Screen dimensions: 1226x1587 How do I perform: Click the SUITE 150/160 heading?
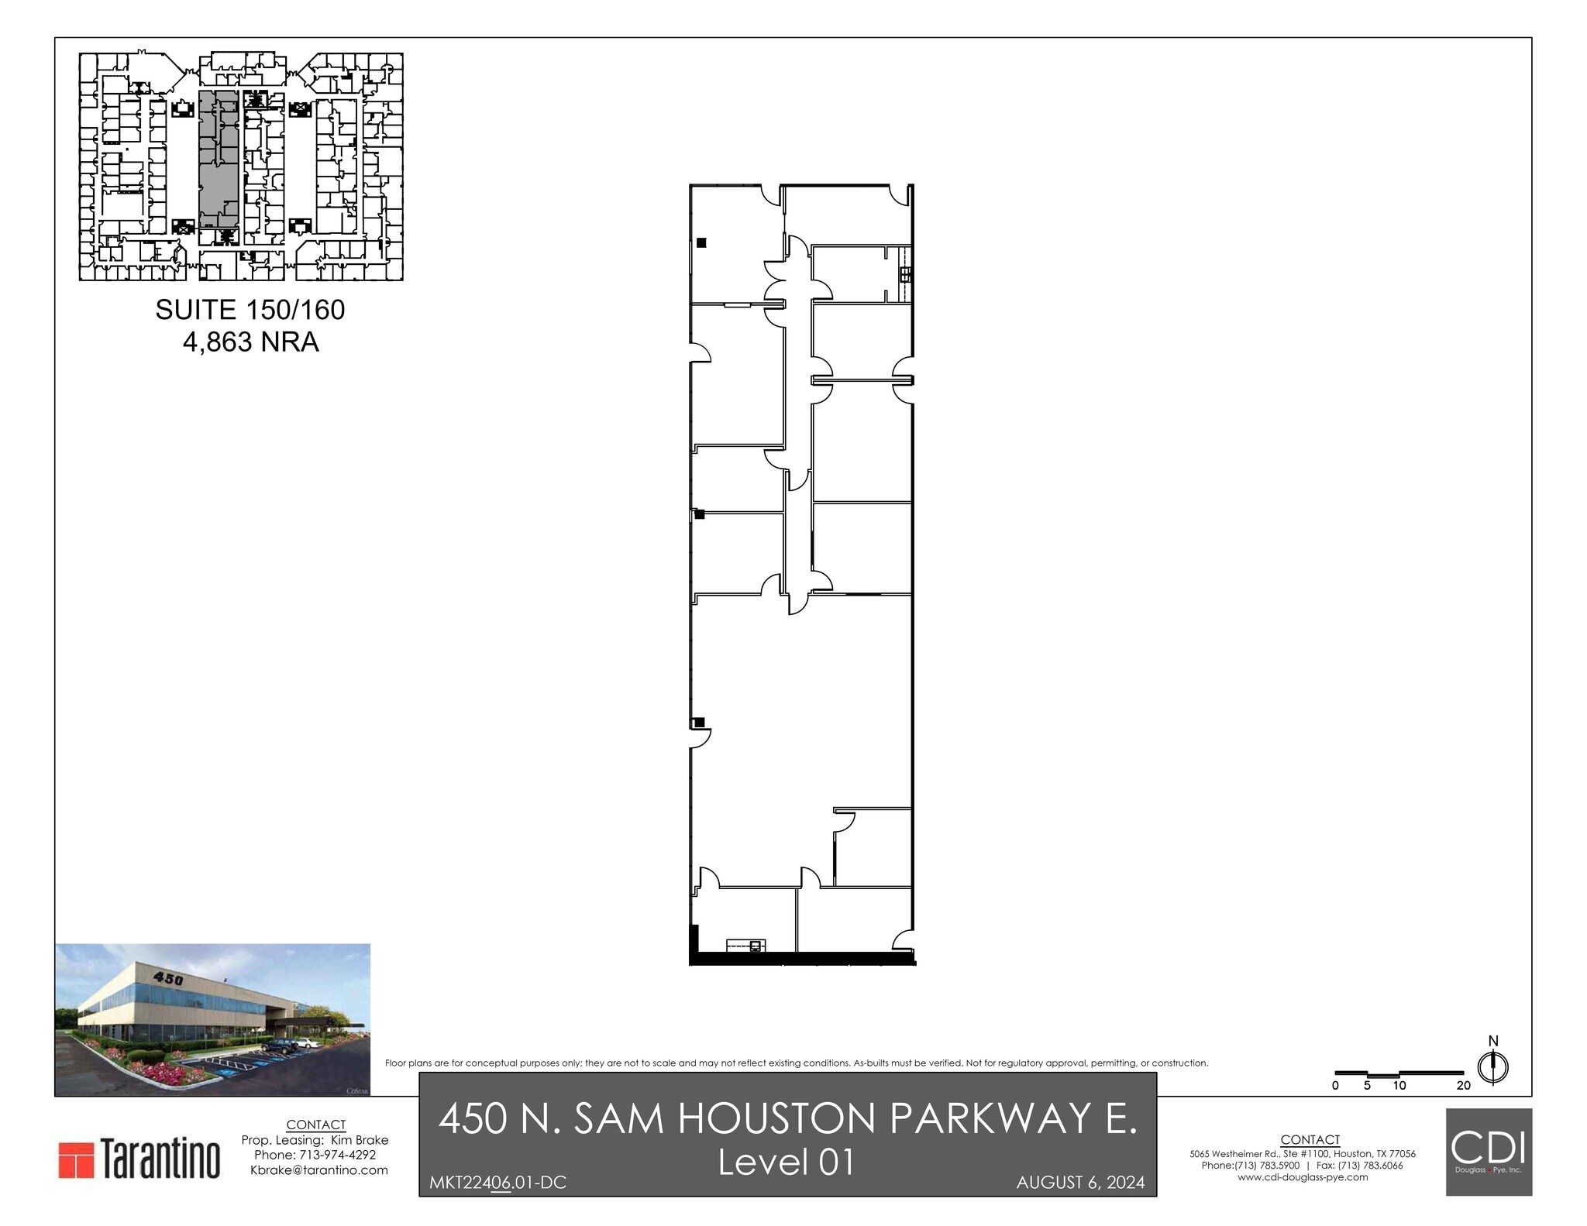(x=250, y=310)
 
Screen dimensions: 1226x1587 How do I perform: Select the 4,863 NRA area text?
(x=250, y=342)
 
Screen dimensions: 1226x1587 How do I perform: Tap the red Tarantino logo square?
(x=75, y=1159)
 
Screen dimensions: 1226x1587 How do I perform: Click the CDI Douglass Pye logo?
(x=1488, y=1151)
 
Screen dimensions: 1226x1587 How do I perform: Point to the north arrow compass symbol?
(x=1492, y=1067)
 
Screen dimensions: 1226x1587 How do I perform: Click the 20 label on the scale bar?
(x=1463, y=1085)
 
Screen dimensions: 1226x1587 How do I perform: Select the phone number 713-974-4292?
(x=337, y=1155)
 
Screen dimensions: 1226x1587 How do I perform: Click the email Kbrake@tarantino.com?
(x=318, y=1169)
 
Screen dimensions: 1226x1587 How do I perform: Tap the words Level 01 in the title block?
(x=787, y=1162)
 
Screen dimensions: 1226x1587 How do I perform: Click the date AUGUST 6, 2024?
(x=1080, y=1183)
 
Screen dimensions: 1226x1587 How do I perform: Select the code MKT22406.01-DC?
(x=497, y=1183)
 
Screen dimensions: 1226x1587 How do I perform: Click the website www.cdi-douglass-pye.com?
(x=1303, y=1177)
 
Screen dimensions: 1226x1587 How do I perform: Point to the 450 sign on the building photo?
(x=168, y=979)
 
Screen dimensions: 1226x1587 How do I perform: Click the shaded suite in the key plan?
(x=218, y=159)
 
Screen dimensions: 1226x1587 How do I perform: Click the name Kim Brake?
(x=360, y=1140)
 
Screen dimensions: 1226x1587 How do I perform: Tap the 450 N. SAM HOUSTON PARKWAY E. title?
(x=787, y=1118)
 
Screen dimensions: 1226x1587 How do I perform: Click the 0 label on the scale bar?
(x=1335, y=1085)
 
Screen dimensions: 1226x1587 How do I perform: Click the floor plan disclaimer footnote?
(x=797, y=1063)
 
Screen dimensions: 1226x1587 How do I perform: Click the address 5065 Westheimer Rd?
(x=1230, y=1154)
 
